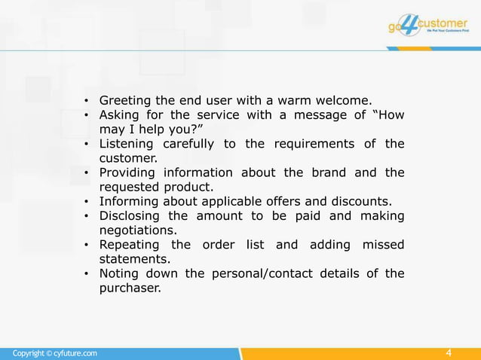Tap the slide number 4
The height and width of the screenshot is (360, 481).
pyautogui.click(x=449, y=353)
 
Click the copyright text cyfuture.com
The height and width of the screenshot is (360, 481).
pyautogui.click(x=54, y=353)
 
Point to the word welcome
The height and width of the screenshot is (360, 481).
pyautogui.click(x=345, y=100)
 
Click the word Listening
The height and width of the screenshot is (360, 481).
pyautogui.click(x=127, y=144)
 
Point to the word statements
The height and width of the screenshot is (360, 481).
pyautogui.click(x=133, y=259)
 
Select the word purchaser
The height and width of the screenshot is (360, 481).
pyautogui.click(x=130, y=288)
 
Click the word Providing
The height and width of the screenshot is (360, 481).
pyautogui.click(x=129, y=172)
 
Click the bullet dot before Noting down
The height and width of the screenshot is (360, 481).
pyautogui.click(x=87, y=274)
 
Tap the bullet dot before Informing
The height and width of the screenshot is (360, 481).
pyautogui.click(x=87, y=202)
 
